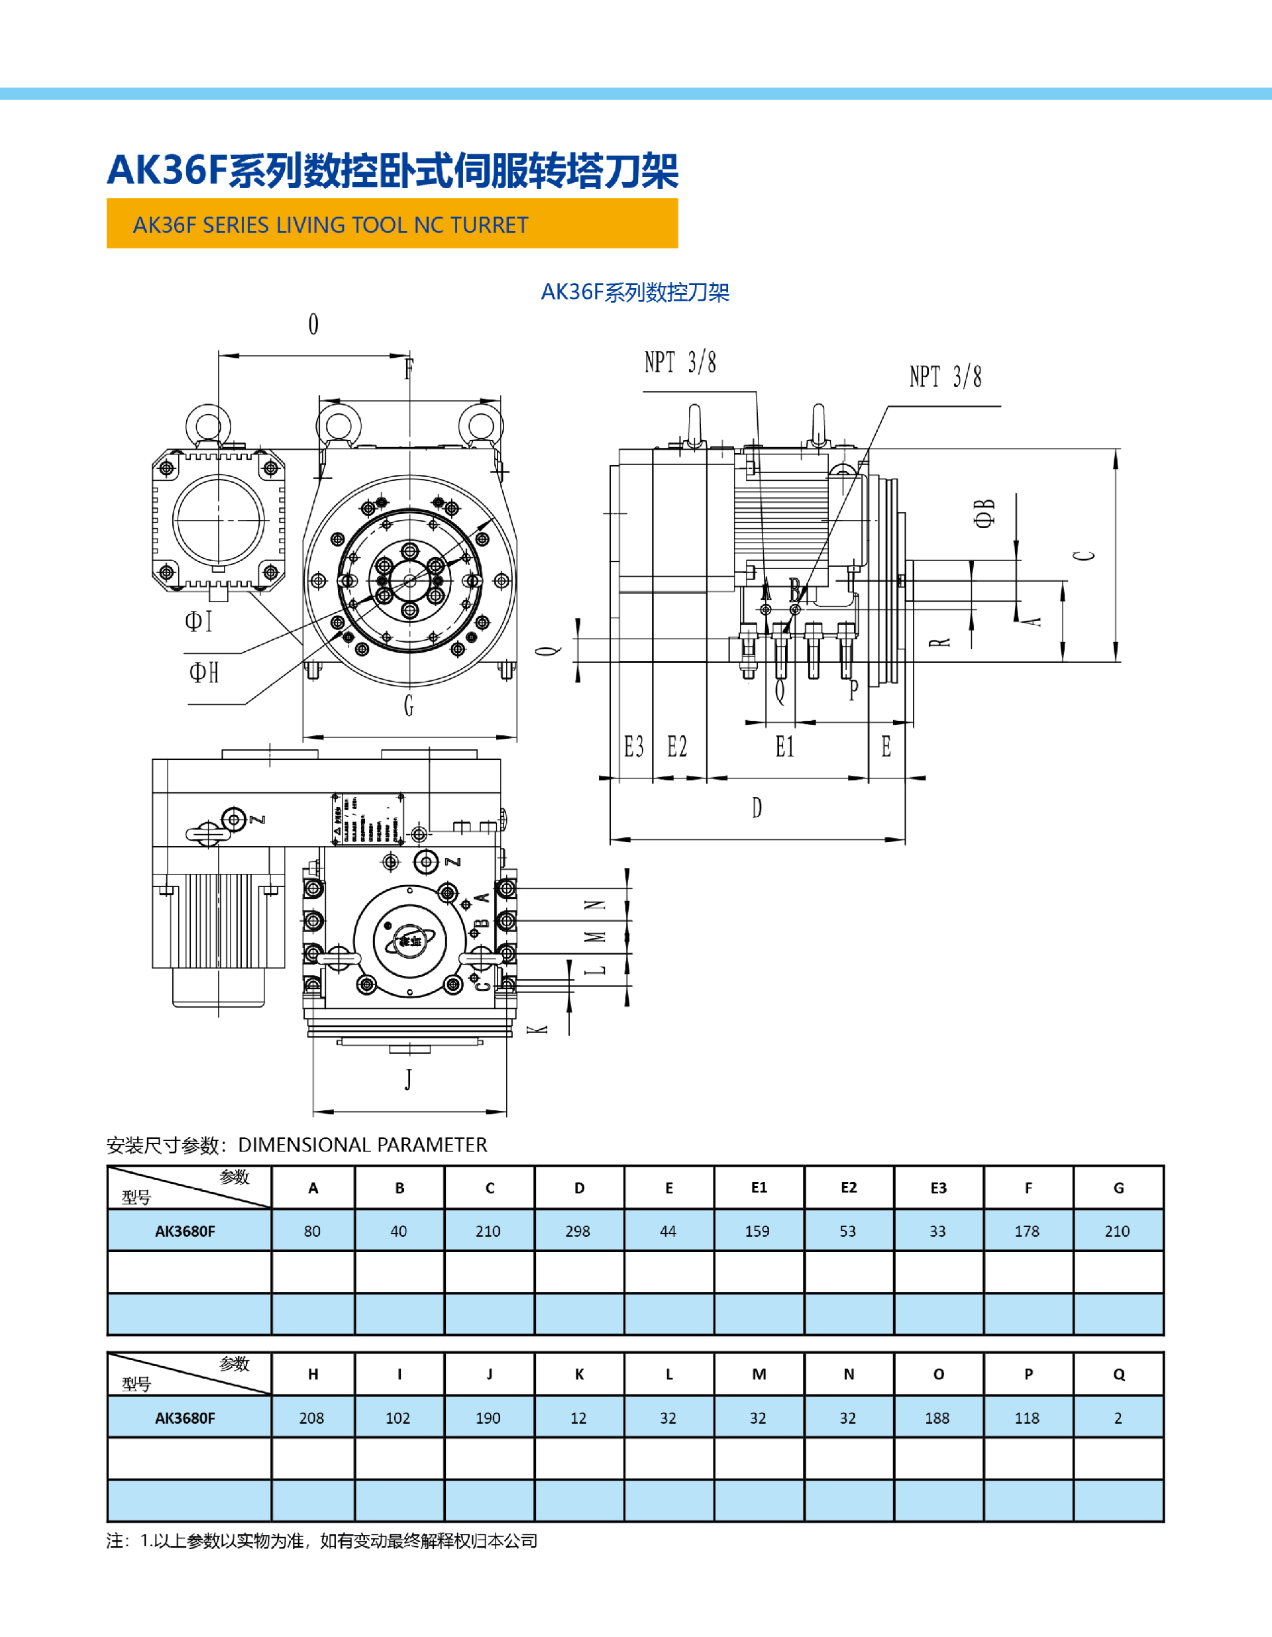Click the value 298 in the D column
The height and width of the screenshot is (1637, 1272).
coord(578,1232)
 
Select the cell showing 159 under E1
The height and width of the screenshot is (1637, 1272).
coord(757,1232)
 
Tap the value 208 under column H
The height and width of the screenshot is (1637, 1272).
coord(312,1418)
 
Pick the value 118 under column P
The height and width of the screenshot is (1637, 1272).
coord(1027,1418)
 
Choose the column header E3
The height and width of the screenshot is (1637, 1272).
coord(939,1188)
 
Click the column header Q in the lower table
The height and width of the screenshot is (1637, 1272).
coord(1118,1375)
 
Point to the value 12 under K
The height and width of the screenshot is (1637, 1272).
coord(578,1418)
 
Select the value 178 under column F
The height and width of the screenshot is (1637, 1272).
coord(1027,1232)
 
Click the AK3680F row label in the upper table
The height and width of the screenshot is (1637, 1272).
coord(185,1232)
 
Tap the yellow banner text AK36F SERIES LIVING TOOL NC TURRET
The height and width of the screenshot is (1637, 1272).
coord(331,225)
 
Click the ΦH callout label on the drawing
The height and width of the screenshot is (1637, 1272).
coord(204,672)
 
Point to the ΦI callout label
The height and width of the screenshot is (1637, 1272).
coord(199,621)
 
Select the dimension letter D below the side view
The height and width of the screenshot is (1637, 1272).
coord(757,808)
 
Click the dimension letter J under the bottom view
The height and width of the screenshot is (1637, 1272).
coord(409,1079)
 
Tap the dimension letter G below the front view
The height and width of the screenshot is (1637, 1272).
coord(409,706)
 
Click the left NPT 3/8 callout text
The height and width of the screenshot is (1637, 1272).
coord(680,363)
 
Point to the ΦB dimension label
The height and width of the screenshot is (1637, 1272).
coord(984,513)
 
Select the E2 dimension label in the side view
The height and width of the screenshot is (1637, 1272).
coord(677,747)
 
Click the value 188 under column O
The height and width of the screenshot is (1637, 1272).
coord(937,1418)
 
